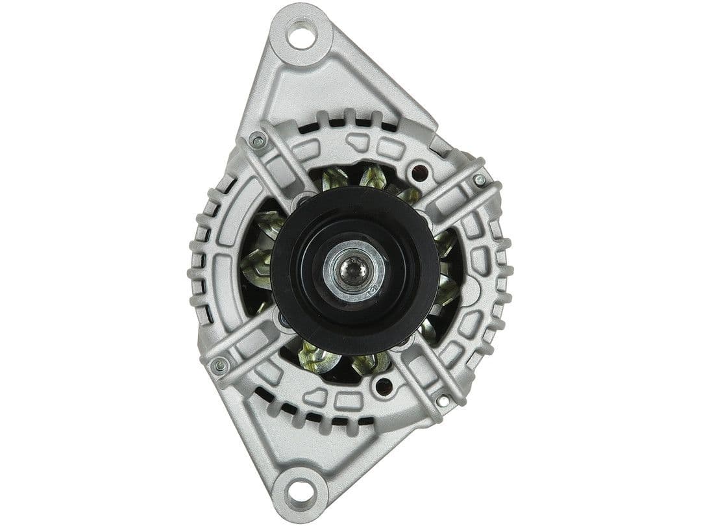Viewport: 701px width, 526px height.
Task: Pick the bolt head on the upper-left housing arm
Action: (x=258, y=140)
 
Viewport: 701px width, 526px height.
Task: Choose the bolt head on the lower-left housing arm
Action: (x=220, y=366)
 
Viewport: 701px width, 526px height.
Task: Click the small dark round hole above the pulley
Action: (x=420, y=173)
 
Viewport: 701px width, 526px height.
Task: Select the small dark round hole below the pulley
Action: (x=383, y=388)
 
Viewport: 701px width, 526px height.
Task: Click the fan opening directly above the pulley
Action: (x=363, y=179)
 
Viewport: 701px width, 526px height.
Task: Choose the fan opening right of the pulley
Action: (x=448, y=273)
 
